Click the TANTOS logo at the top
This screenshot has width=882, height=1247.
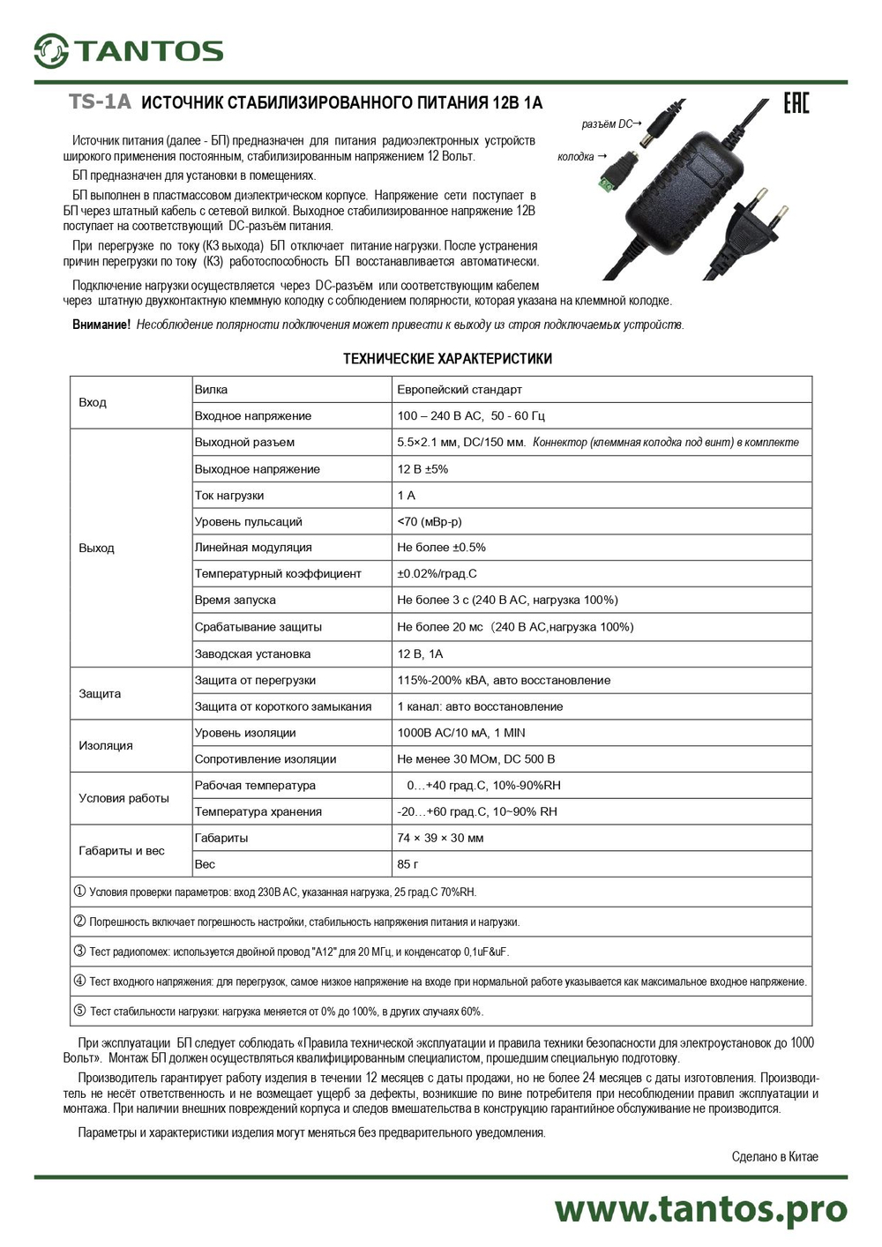point(129,50)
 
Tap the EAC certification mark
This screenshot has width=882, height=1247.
point(796,103)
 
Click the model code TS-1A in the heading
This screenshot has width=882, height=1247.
point(100,102)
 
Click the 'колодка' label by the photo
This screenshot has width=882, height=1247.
point(576,157)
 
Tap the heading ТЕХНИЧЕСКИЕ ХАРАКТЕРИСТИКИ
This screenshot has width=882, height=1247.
point(447,359)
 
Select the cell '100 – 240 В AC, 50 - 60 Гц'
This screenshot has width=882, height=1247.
point(471,416)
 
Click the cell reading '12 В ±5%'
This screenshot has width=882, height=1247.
point(422,469)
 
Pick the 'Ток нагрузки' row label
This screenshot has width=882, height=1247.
point(229,496)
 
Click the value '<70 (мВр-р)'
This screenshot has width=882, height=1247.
point(430,522)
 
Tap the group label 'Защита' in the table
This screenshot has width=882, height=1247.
point(100,693)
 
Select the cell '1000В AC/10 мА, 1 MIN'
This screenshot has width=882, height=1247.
point(461,733)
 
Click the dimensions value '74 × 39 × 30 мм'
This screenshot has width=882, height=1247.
point(440,838)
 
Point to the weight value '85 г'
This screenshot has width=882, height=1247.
point(407,864)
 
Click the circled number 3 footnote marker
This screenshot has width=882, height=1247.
point(79,952)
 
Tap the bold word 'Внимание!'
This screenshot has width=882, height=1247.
point(101,325)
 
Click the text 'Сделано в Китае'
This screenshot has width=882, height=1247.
point(774,1157)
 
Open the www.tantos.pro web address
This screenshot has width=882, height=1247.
point(700,1209)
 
